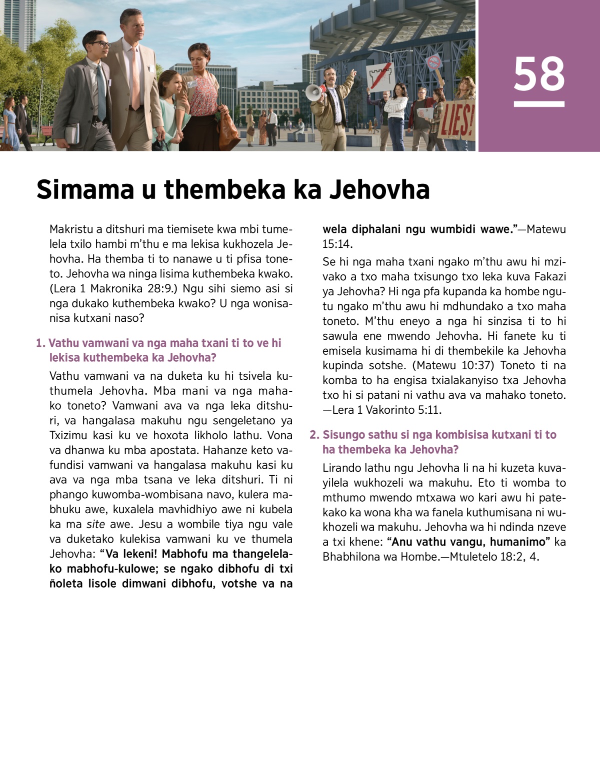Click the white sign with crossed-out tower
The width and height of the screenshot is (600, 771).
pyautogui.click(x=381, y=77)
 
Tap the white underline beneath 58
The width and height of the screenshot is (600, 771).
pyautogui.click(x=539, y=104)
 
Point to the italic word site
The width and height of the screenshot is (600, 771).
pyautogui.click(x=95, y=525)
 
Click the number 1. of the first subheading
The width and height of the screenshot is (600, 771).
pyautogui.click(x=41, y=343)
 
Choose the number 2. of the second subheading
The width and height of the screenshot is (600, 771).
pyautogui.click(x=314, y=435)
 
